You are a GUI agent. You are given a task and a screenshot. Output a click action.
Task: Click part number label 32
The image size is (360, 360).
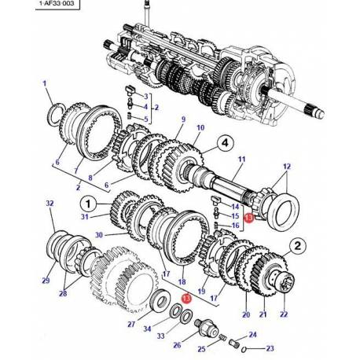[x=50, y=204]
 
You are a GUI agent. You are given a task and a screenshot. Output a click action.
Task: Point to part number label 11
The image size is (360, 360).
[x=241, y=160]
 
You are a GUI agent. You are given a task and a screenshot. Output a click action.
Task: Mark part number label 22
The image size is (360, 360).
[x=283, y=315]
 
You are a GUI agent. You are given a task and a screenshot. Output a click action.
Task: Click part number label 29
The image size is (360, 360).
[x=46, y=281]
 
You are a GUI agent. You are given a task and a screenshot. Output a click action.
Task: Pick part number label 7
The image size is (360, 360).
[x=76, y=171]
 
